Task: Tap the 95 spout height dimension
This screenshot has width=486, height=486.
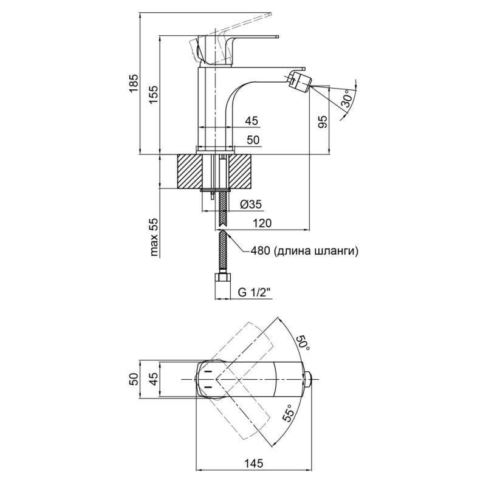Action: tap(323, 122)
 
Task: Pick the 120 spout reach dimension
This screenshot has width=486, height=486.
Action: tap(262, 224)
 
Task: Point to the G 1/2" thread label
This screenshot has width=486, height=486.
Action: tap(254, 292)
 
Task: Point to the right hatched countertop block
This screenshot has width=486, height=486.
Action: tap(240, 172)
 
